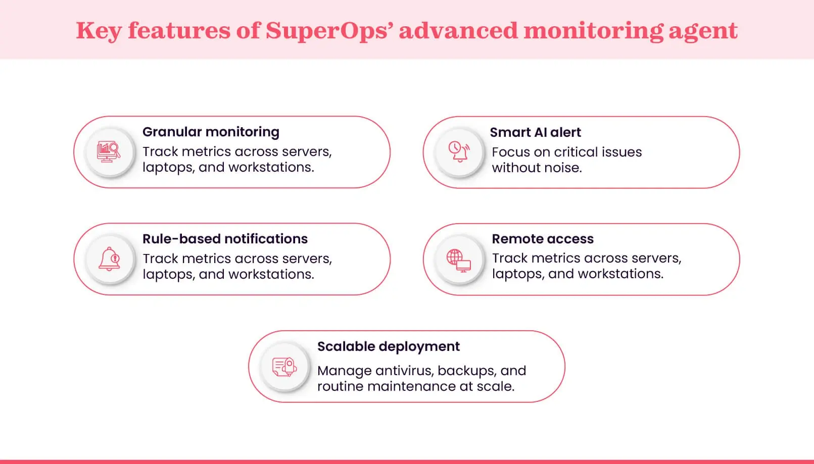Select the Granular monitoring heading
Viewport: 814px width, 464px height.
coord(211,132)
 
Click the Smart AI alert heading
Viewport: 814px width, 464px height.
coord(535,132)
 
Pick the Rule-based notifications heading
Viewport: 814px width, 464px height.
coord(225,239)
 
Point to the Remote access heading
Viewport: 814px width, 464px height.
coord(543,239)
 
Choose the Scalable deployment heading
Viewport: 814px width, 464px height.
coord(388,346)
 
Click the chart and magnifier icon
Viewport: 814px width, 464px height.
coord(109,151)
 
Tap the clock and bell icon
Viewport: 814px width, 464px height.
coord(459,151)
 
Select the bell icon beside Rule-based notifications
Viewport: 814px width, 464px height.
coord(109,259)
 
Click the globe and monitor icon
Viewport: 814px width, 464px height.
coord(459,260)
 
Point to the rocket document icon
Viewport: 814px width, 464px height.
coord(284,367)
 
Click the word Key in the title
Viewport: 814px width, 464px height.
coord(99,31)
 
